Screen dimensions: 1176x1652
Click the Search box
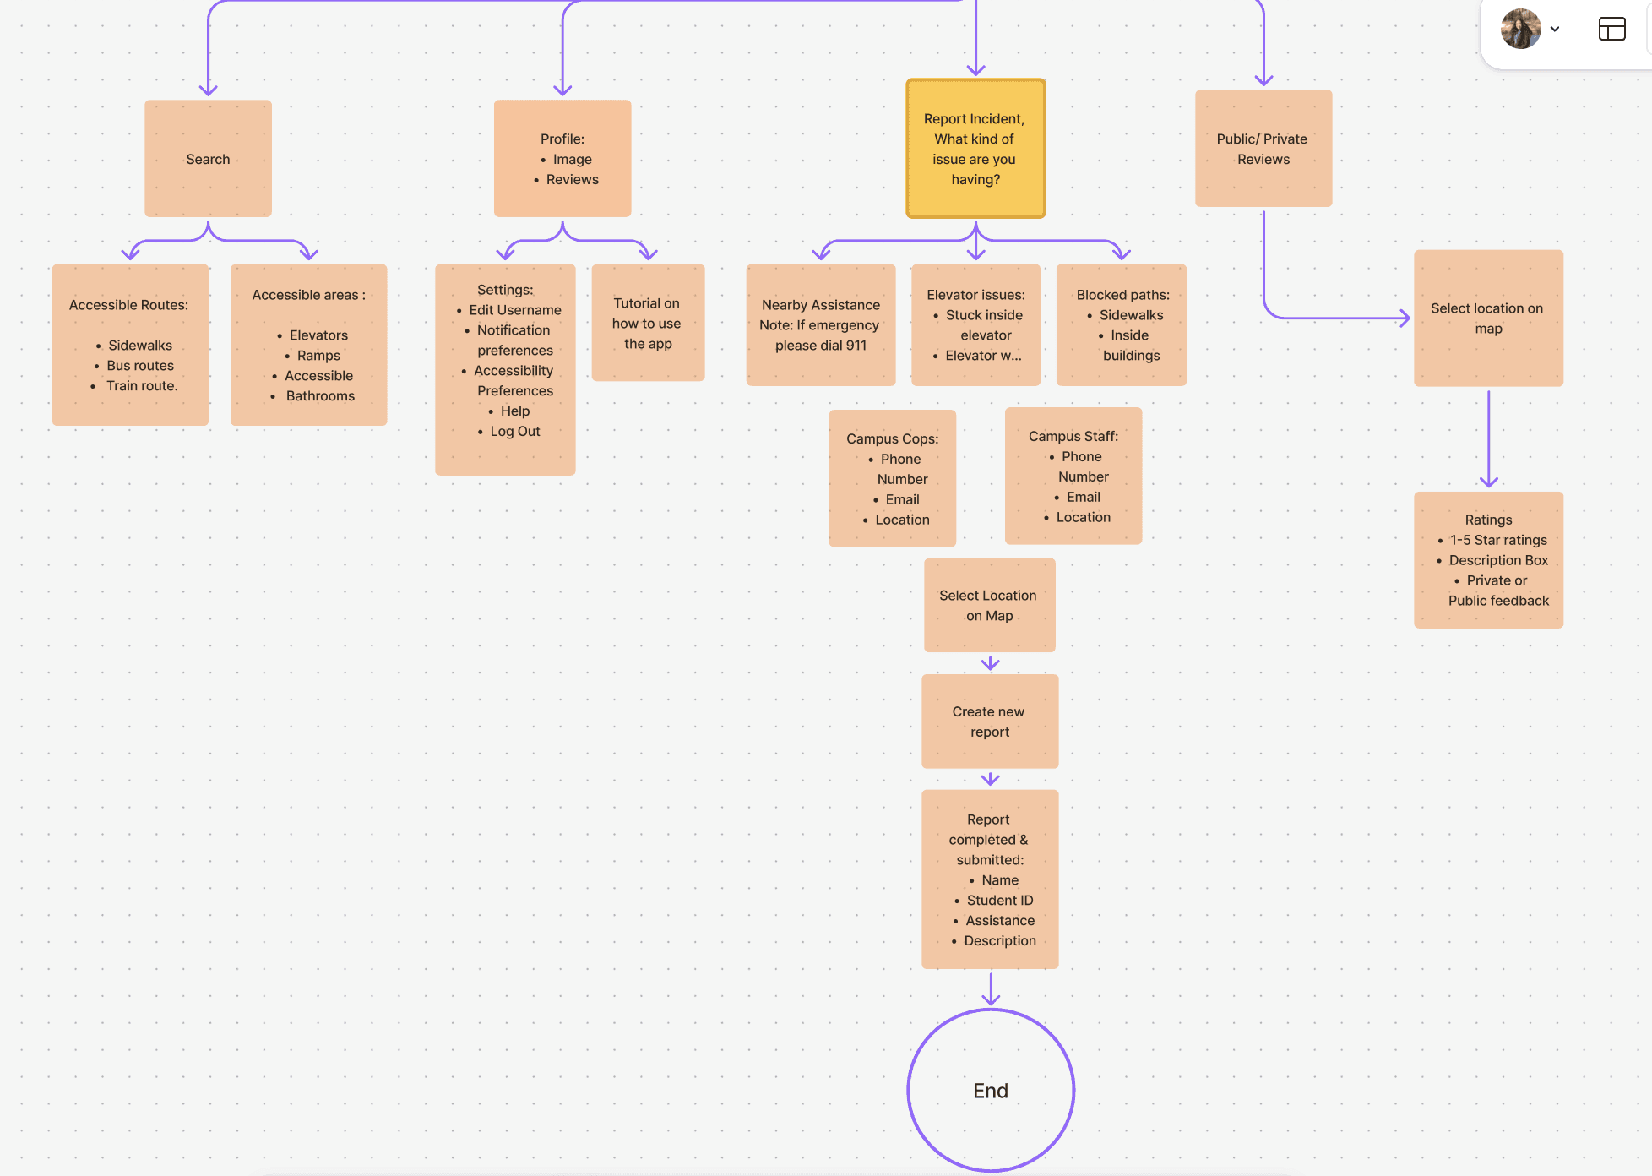[x=208, y=159]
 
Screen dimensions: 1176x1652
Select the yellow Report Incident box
[x=975, y=149]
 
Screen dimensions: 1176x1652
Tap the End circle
[x=991, y=1090]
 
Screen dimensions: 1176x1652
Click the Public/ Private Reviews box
[x=1263, y=149]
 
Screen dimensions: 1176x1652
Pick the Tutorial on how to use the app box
[x=647, y=323]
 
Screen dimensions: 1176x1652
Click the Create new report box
[x=989, y=721]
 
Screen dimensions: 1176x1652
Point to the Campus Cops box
[x=892, y=478]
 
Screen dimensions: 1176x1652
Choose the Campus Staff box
[x=1073, y=476]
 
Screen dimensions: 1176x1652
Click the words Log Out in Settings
[x=514, y=431]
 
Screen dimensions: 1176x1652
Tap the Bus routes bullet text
[x=140, y=366]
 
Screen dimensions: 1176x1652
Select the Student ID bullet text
[x=1000, y=901]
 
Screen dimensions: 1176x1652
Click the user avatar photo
[x=1520, y=29]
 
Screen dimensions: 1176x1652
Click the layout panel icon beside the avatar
[x=1611, y=30]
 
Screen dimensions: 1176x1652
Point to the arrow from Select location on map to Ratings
[x=1488, y=439]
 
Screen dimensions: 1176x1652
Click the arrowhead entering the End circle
[x=991, y=999]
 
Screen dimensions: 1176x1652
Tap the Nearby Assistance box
[x=820, y=324]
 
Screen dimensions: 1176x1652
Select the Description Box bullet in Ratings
[x=1498, y=560]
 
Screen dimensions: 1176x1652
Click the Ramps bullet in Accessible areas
[x=318, y=356]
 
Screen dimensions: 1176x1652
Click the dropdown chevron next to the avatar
[x=1555, y=30]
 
